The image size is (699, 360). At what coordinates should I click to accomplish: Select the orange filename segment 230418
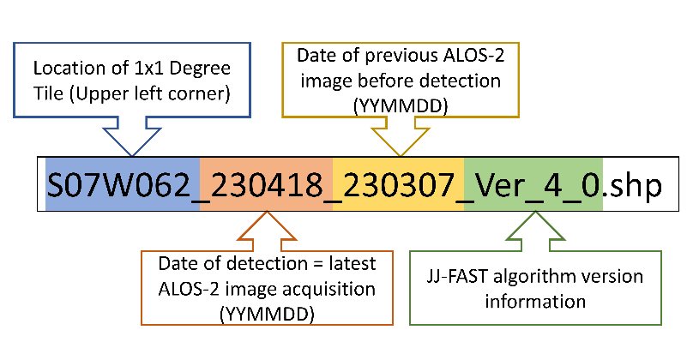[x=267, y=184]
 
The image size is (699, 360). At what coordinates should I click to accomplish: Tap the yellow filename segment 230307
[x=399, y=184]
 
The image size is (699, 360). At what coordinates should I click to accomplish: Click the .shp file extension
[x=632, y=185]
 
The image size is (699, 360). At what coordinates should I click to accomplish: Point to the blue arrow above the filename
[x=132, y=137]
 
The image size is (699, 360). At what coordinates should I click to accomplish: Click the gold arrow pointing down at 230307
[x=401, y=137]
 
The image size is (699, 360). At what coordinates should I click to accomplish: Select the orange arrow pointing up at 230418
[x=267, y=231]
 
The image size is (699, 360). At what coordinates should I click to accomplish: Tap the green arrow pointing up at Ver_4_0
[x=535, y=231]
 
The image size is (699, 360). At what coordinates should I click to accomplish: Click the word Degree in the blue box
[x=200, y=69]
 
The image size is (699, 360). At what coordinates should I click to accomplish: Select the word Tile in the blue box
[x=48, y=93]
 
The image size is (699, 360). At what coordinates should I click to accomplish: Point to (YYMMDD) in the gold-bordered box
[x=401, y=106]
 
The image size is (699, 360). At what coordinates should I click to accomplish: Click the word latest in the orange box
[x=353, y=264]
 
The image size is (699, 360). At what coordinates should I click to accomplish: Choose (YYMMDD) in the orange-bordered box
[x=267, y=315]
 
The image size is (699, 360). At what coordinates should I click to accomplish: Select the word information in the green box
[x=535, y=302]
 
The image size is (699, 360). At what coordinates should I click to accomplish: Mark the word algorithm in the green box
[x=529, y=278]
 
